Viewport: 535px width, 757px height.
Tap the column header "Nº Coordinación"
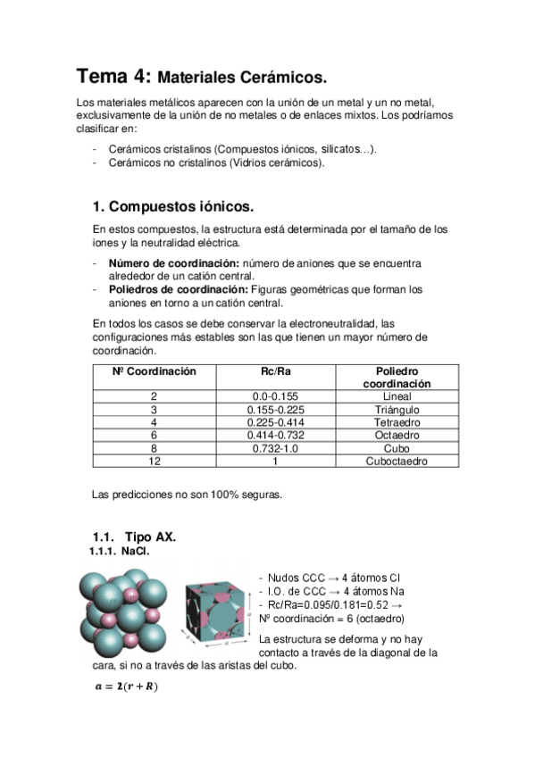pyautogui.click(x=155, y=371)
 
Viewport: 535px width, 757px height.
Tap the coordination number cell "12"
pyautogui.click(x=155, y=462)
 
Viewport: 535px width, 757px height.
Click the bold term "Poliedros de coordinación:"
pyautogui.click(x=179, y=289)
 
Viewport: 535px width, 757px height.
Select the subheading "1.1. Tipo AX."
pyautogui.click(x=134, y=537)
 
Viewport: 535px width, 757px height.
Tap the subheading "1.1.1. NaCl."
pyautogui.click(x=120, y=553)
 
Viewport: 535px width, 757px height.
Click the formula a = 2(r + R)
pyautogui.click(x=125, y=686)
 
